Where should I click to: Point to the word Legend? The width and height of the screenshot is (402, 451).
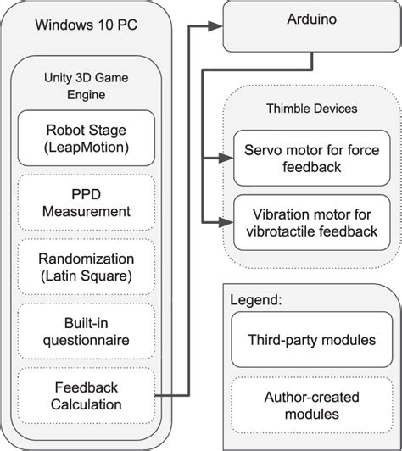(258, 300)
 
